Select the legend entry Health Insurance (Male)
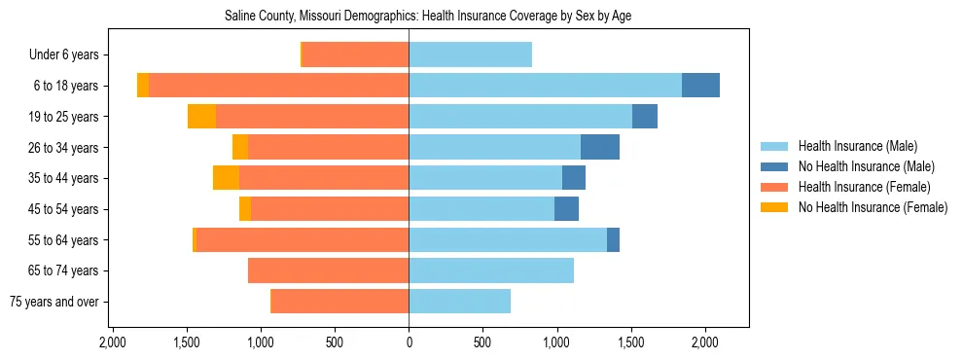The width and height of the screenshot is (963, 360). click(857, 147)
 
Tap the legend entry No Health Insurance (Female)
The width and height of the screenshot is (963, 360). click(873, 207)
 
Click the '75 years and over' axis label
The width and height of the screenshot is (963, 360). click(53, 302)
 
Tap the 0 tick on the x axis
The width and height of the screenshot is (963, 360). click(409, 342)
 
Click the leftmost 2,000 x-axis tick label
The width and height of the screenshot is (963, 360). click(113, 342)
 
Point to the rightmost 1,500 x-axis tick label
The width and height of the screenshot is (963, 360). click(631, 342)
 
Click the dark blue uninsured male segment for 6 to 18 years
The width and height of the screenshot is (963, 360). click(700, 86)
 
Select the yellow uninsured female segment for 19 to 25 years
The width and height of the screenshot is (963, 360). click(201, 117)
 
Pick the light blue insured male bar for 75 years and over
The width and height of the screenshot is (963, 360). click(459, 302)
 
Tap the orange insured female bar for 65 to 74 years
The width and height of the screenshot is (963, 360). click(328, 270)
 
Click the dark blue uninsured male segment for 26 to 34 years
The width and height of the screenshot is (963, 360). click(600, 147)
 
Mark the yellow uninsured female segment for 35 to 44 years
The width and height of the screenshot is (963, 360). click(226, 178)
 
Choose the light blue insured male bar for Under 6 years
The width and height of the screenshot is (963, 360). click(470, 55)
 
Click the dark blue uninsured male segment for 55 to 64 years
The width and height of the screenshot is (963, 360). click(613, 239)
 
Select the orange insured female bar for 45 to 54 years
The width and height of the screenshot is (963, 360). click(330, 209)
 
